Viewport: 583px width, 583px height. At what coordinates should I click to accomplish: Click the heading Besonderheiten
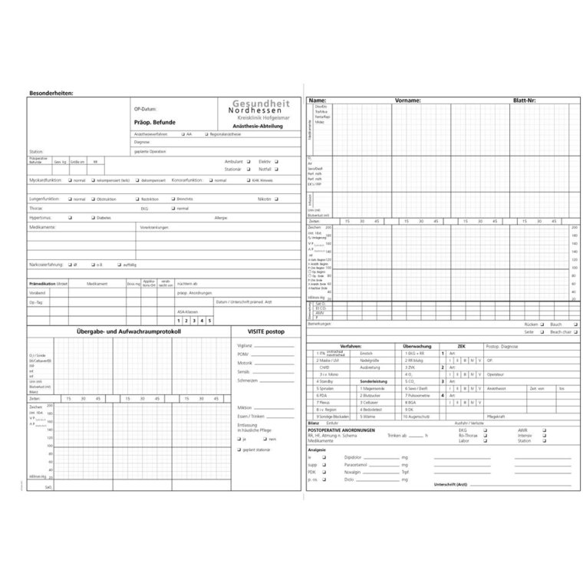click(51, 93)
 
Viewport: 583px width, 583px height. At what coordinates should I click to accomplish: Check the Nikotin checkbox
click(277, 199)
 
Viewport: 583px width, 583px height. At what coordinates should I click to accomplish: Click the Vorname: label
click(407, 100)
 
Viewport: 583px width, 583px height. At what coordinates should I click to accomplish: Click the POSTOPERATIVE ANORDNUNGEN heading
click(341, 430)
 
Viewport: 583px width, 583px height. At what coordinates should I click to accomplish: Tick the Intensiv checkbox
click(545, 436)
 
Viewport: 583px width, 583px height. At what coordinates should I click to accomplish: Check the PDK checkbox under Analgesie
click(324, 472)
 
